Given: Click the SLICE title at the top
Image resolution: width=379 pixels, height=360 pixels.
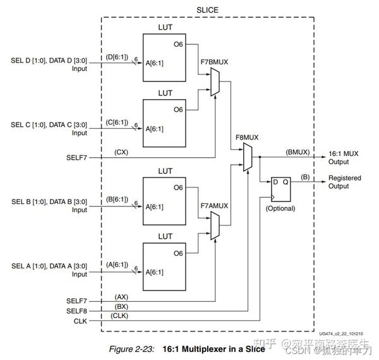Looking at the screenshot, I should [x=207, y=9].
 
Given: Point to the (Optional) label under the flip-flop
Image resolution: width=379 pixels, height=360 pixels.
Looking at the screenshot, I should [x=280, y=208].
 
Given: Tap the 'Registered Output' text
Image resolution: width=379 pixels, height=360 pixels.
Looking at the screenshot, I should [x=345, y=183].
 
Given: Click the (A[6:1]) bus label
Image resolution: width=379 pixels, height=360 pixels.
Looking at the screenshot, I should [x=118, y=264].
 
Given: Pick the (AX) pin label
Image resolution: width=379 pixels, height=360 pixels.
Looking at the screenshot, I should [x=121, y=296].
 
